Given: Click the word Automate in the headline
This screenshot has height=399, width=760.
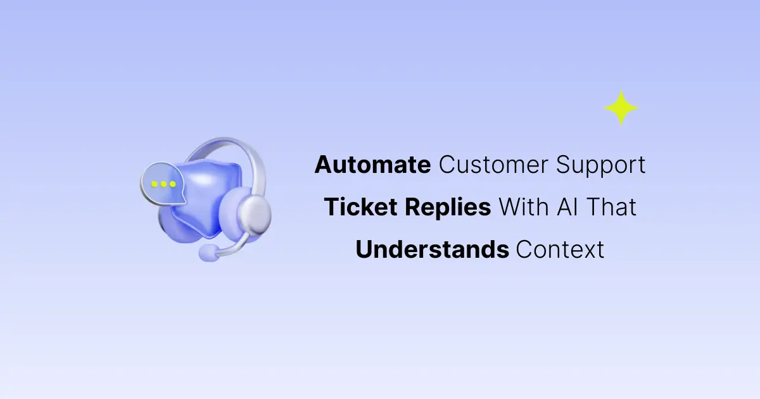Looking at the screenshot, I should pos(372,165).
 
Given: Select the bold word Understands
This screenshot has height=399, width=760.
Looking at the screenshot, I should pos(432,250).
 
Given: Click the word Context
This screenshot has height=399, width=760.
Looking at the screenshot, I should pos(560,250).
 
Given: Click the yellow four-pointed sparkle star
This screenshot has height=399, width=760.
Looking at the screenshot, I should pos(621,108).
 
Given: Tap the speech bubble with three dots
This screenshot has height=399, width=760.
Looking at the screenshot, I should pos(163,184).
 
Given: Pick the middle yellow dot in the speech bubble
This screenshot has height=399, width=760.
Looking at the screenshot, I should pos(163,184).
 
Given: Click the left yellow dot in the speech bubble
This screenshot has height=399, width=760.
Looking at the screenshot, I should pos(153,184).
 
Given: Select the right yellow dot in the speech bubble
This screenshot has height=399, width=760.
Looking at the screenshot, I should pos(172,184).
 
